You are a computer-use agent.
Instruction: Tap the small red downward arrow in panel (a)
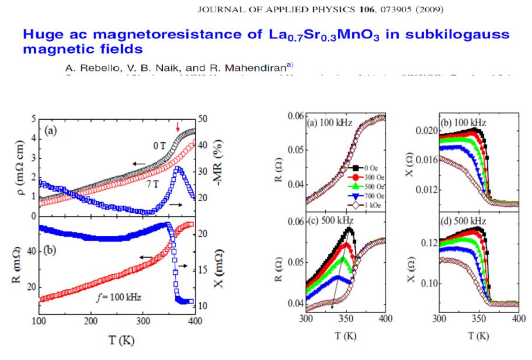178,127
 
